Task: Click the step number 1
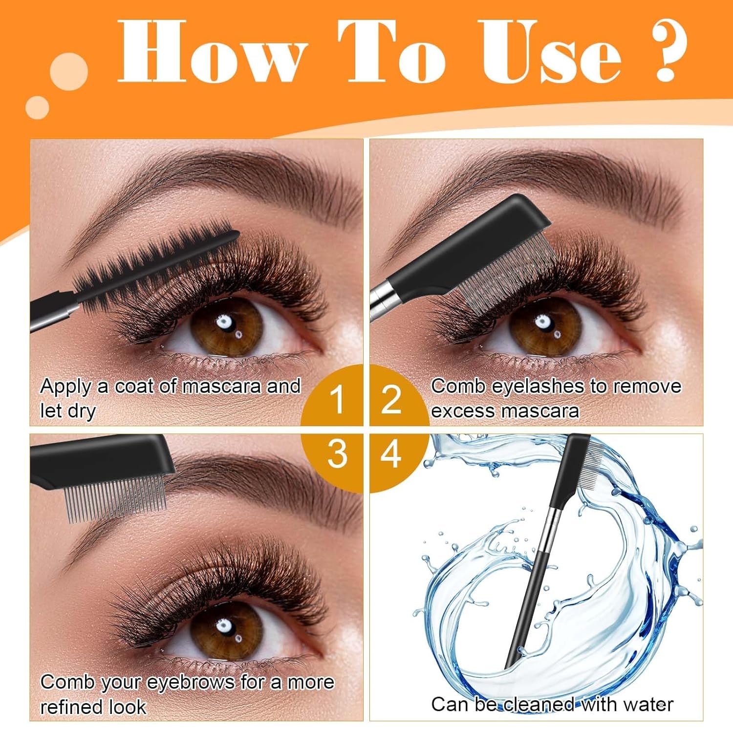[337, 400]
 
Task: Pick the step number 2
[391, 400]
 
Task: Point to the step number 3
[337, 454]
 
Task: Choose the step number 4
[391, 454]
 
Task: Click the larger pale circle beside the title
[69, 71]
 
